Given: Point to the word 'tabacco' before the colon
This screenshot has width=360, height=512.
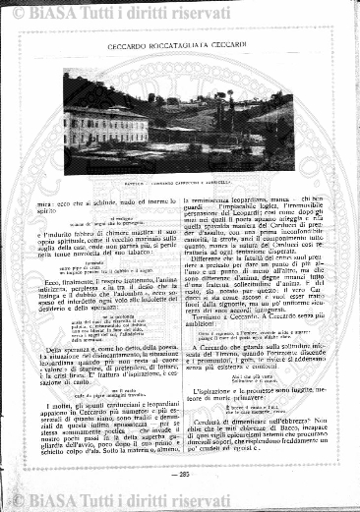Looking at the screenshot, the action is tap(145, 226).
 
